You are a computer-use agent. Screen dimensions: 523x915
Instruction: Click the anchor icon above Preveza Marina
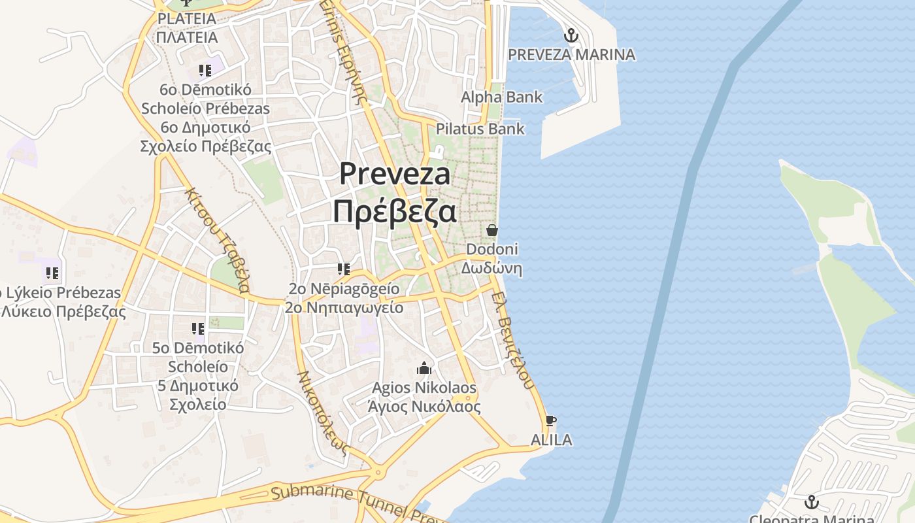coord(571,35)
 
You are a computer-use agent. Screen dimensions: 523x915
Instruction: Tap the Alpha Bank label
coord(501,97)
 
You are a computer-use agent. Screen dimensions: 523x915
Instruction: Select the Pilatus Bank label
coord(480,129)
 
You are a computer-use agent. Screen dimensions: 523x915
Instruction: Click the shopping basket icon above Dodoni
coord(492,230)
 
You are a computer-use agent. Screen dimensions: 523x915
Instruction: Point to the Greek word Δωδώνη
coord(491,268)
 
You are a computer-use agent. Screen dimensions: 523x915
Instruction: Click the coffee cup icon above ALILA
coord(551,420)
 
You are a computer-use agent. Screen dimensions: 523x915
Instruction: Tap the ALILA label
coord(551,440)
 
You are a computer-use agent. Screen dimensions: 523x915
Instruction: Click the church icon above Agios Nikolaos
coord(424,369)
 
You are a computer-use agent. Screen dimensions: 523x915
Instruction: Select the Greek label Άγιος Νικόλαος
coord(424,407)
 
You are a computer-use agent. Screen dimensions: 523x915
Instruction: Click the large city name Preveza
coord(395,174)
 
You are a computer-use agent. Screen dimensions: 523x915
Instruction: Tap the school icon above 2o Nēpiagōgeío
coord(344,269)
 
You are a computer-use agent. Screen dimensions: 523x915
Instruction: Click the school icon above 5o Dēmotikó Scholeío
coord(197,328)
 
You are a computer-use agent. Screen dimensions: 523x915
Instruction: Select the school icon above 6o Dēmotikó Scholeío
coord(205,70)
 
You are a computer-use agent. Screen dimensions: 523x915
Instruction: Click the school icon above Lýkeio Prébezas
coord(52,273)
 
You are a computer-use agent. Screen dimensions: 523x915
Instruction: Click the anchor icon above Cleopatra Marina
coord(811,502)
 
